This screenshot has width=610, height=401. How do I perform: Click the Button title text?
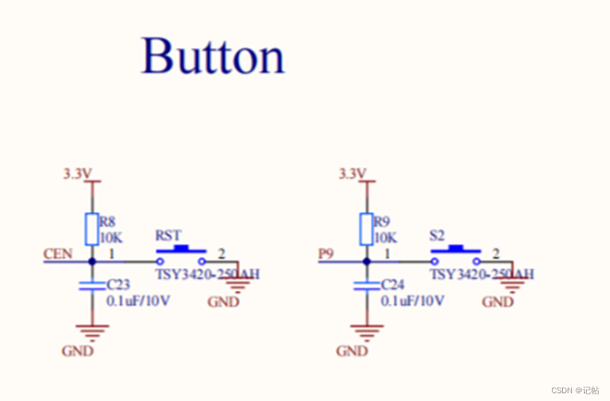point(213,56)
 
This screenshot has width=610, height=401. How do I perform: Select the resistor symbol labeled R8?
point(92,229)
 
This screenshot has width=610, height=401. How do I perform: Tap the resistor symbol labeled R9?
point(367,229)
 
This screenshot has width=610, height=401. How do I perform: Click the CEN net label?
point(58,253)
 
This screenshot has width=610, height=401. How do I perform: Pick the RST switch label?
point(168,234)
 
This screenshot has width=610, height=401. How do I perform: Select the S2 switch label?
point(438,234)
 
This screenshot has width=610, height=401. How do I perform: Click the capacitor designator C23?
point(118,285)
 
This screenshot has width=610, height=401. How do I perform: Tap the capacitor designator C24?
point(393,285)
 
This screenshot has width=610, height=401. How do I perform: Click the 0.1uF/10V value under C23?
point(138,301)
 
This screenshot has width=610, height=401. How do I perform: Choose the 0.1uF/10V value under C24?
point(413,301)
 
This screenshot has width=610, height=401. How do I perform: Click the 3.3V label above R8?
point(78,173)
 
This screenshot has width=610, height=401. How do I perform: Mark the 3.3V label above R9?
point(353,173)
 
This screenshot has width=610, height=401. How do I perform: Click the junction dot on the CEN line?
point(92,261)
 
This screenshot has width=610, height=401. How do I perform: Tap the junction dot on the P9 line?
point(367,261)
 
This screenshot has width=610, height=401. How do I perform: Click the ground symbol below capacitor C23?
point(92,330)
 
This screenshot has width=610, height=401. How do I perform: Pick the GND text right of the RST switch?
point(223,302)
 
